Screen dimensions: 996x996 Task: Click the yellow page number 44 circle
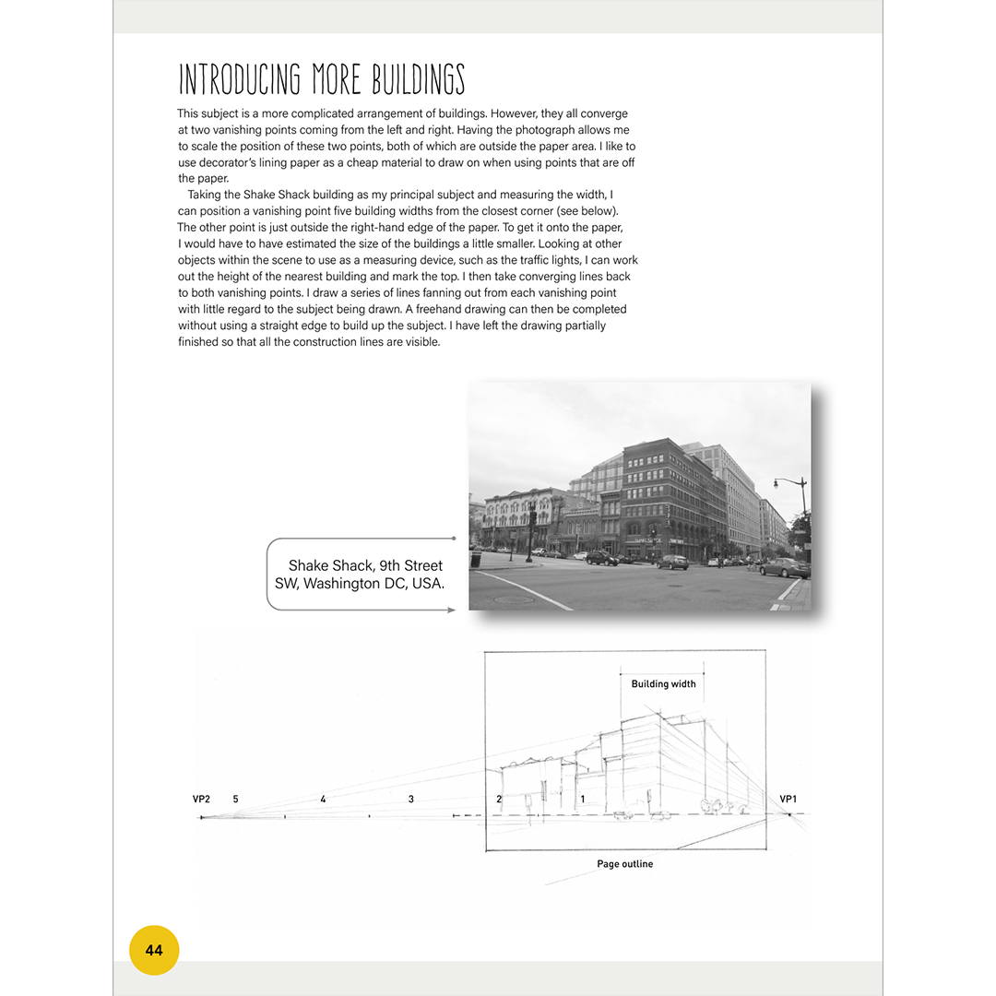[154, 950]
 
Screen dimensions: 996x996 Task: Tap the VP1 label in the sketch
[788, 799]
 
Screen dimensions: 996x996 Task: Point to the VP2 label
[201, 799]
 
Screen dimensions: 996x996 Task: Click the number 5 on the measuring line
[236, 799]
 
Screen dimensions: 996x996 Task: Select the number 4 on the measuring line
[323, 799]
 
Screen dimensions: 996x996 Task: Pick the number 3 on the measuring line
[411, 799]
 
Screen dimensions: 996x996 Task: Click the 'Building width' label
[663, 684]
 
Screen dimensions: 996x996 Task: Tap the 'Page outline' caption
[624, 864]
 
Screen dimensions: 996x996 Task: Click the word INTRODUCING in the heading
[239, 80]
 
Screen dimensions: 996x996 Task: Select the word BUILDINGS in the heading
[419, 80]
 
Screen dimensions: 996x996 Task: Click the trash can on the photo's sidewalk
[476, 559]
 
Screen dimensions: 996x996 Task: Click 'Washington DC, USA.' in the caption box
[360, 584]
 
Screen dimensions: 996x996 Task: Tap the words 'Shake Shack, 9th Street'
[365, 565]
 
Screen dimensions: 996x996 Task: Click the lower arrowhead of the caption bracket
[452, 610]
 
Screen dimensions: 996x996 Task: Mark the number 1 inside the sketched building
[583, 799]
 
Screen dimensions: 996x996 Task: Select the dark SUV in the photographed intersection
[602, 558]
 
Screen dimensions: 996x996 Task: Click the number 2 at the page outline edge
[499, 799]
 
